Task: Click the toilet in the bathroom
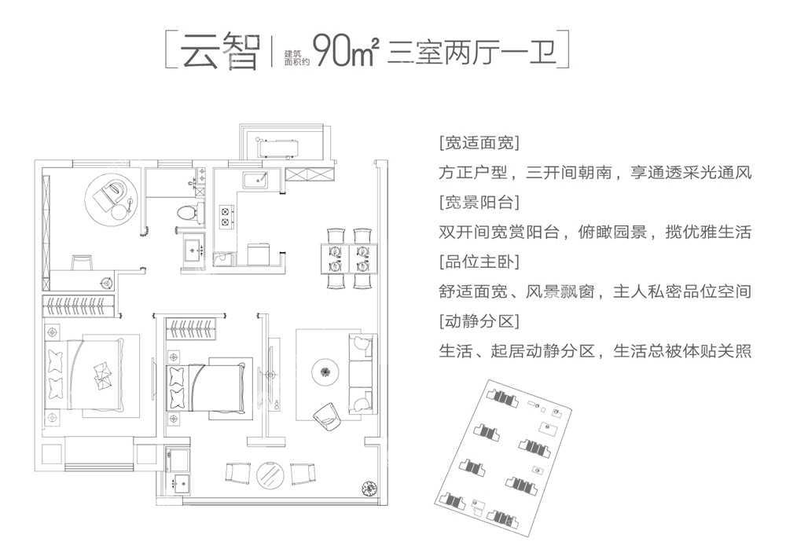pyautogui.click(x=187, y=212)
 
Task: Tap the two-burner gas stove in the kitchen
pyautogui.click(x=226, y=216)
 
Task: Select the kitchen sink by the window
pyautogui.click(x=255, y=180)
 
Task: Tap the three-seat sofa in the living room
pyautogui.click(x=362, y=373)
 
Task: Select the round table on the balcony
pyautogui.click(x=270, y=474)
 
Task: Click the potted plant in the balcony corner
pyautogui.click(x=369, y=487)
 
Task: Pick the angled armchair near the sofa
pyautogui.click(x=326, y=416)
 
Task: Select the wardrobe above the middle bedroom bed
pyautogui.click(x=191, y=328)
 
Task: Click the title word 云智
pyautogui.click(x=221, y=51)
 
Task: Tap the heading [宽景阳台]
pyautogui.click(x=479, y=203)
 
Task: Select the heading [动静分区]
pyautogui.click(x=479, y=320)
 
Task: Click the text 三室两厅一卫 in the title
pyautogui.click(x=472, y=52)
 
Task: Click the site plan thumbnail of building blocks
pyautogui.click(x=503, y=456)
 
